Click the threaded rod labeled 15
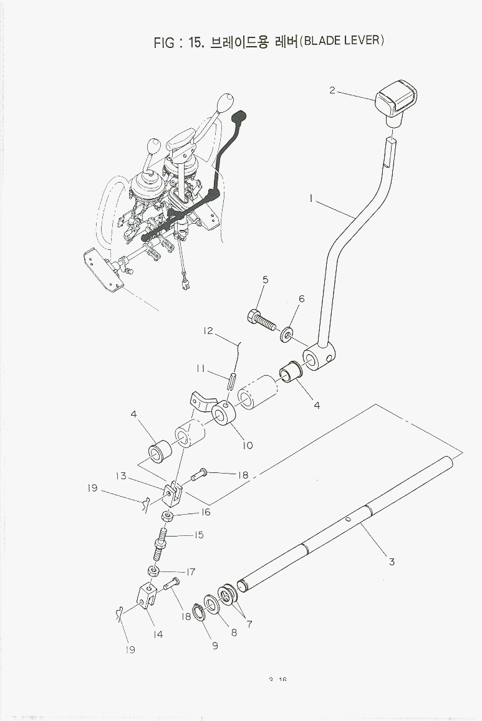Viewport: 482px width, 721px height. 159,543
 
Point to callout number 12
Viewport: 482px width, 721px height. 208,332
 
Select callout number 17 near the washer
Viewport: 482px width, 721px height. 191,571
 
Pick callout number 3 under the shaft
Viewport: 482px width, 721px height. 392,561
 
